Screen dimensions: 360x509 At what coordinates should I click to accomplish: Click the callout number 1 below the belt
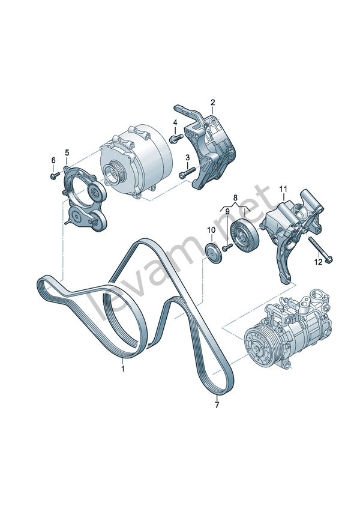123,369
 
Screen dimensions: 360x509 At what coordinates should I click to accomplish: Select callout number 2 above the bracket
212,103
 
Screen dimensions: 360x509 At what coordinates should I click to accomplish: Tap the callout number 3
188,157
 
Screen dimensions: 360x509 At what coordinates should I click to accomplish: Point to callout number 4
175,122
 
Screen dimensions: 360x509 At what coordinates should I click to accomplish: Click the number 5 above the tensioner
67,152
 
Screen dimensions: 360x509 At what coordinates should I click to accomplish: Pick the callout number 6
53,160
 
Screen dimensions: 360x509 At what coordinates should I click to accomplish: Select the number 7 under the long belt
217,405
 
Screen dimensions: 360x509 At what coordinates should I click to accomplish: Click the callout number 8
235,197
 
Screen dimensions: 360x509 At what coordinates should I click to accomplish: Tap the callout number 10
211,230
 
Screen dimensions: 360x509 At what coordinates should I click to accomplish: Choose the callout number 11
283,188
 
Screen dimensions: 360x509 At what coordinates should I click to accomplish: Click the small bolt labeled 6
54,176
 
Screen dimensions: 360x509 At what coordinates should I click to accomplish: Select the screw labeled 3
187,173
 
